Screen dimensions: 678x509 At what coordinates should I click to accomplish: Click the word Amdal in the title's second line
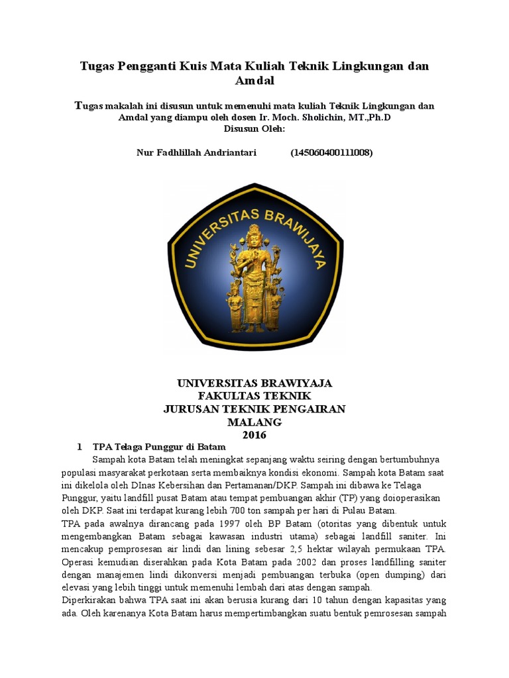[254, 81]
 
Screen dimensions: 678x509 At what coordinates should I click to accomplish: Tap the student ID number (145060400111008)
[331, 152]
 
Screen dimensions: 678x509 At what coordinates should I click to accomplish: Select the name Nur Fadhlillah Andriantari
[196, 152]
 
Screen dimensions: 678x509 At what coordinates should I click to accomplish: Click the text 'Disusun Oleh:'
[254, 128]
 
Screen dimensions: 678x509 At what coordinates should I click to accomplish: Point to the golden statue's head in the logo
[254, 232]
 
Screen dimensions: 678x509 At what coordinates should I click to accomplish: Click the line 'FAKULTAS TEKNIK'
[254, 396]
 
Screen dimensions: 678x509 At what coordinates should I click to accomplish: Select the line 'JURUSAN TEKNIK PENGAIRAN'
[254, 409]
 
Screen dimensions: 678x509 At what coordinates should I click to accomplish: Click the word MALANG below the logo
[254, 422]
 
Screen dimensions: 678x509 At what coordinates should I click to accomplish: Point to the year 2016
[254, 435]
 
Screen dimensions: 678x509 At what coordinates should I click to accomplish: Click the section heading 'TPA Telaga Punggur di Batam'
[160, 447]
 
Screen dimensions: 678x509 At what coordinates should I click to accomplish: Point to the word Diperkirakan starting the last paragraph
[89, 600]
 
